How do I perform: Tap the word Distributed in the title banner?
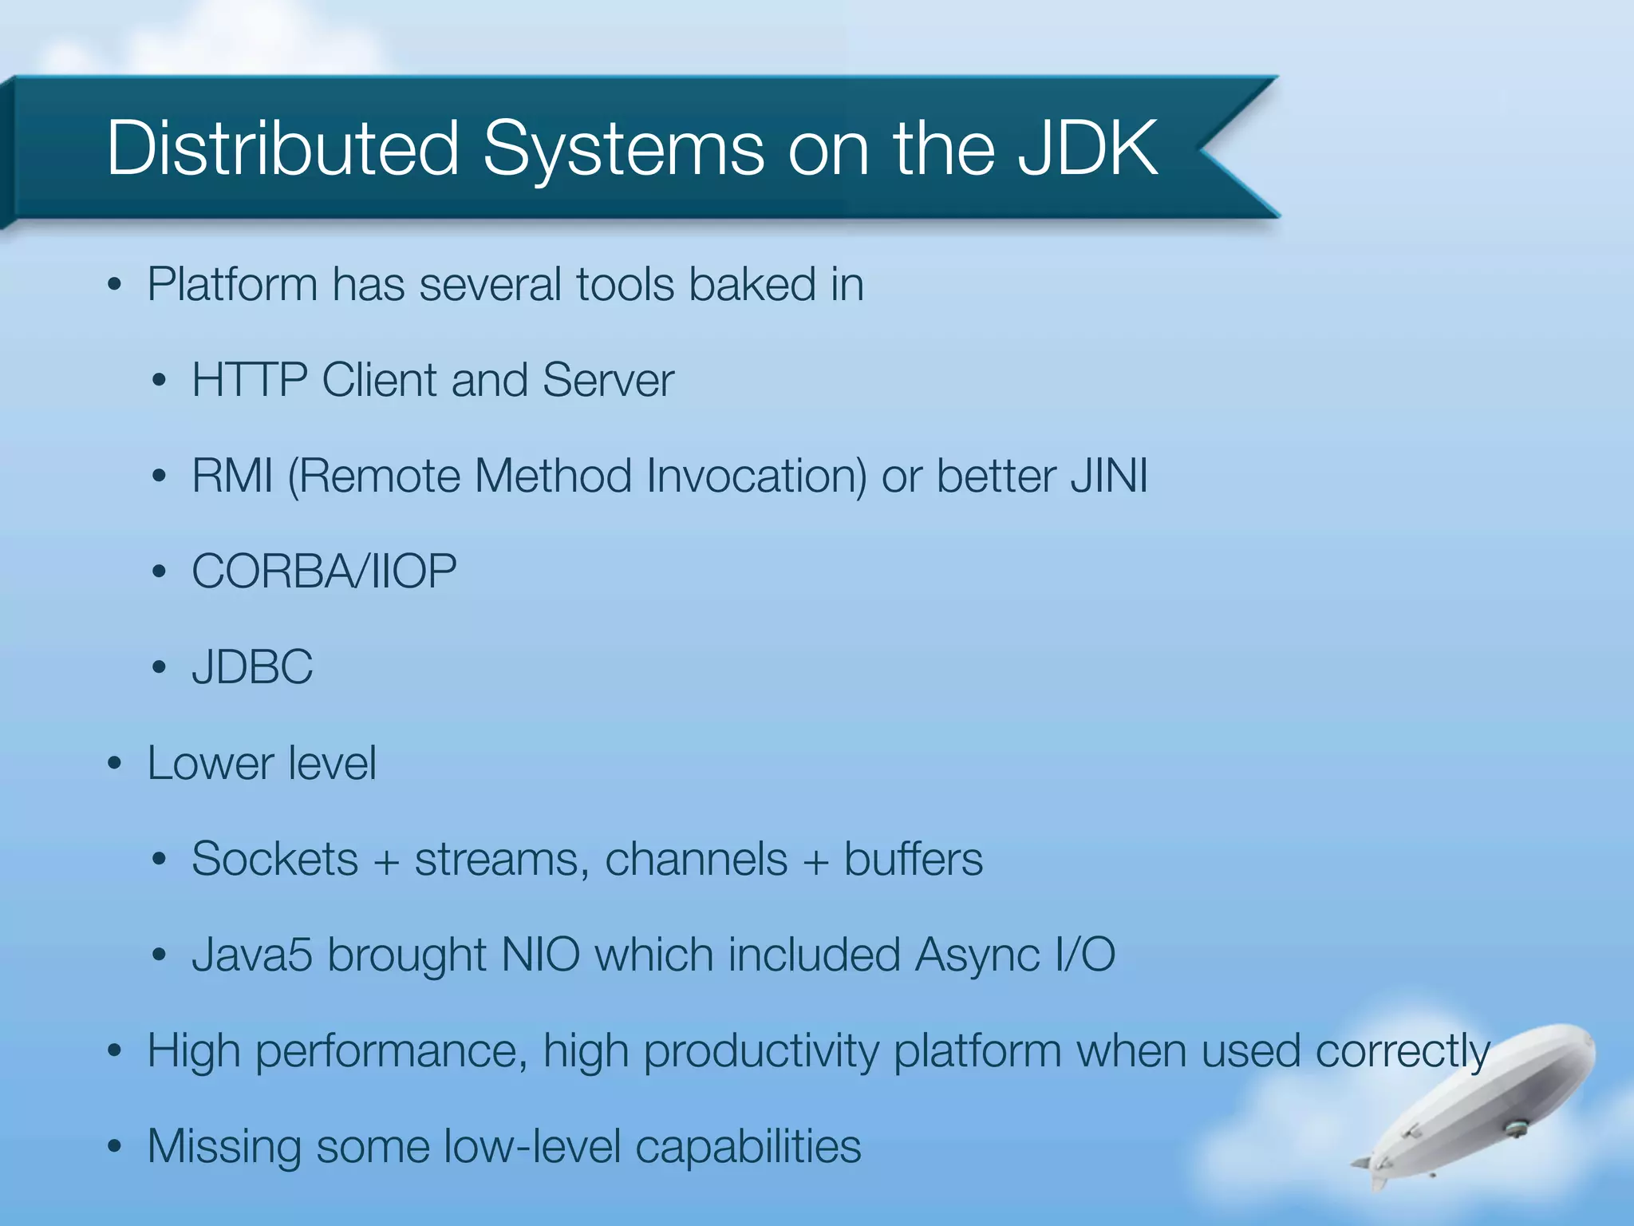tap(282, 148)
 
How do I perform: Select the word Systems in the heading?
tap(623, 148)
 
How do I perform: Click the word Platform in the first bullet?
tap(232, 285)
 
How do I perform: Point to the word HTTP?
tap(249, 380)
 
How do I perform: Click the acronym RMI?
tap(232, 477)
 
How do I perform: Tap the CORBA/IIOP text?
tap(324, 572)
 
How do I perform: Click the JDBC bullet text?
tap(252, 667)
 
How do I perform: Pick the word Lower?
tap(211, 763)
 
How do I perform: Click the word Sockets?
tap(274, 860)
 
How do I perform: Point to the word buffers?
tap(914, 860)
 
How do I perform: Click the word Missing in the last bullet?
tap(224, 1147)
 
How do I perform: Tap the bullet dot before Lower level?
tap(115, 764)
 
